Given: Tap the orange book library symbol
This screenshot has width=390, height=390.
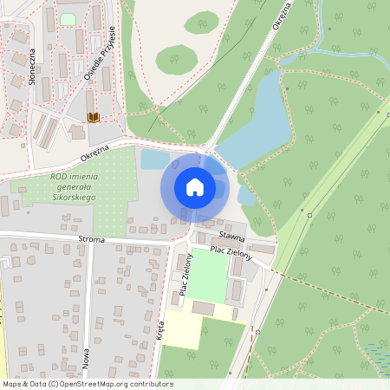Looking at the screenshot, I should (x=92, y=117).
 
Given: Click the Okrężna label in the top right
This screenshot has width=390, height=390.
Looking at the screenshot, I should (x=280, y=16).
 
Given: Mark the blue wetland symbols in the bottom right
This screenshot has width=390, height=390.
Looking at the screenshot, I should (x=377, y=355).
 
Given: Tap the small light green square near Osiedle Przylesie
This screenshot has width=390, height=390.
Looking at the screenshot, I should (x=67, y=19).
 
